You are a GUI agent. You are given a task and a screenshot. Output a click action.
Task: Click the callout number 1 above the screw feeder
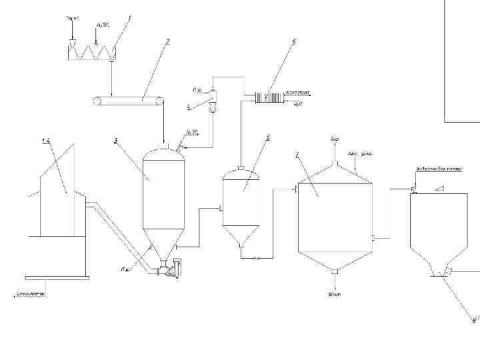[129, 18]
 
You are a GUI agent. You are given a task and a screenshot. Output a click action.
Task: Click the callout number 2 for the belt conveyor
[167, 41]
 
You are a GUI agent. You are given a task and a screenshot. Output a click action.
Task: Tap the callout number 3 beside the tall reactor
[115, 141]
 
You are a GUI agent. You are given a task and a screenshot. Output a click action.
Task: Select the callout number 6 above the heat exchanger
[294, 41]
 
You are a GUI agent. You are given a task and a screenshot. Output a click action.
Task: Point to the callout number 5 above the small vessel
[267, 137]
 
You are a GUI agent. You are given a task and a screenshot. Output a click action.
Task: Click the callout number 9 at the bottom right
[474, 320]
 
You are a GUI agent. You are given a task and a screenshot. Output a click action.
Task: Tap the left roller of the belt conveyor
[97, 101]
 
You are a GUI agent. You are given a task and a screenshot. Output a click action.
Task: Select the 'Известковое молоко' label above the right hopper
[435, 169]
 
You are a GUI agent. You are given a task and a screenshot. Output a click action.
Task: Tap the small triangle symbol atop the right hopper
[439, 189]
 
